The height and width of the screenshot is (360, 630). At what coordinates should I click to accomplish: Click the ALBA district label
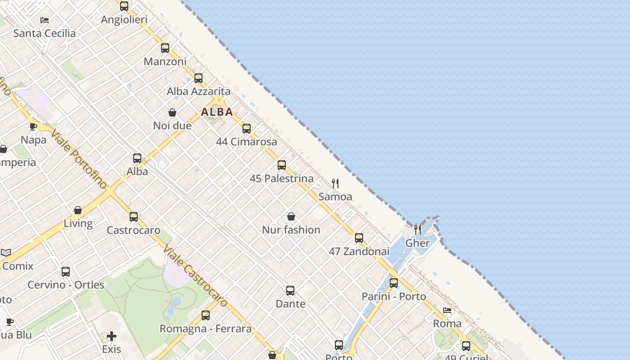tap(217, 112)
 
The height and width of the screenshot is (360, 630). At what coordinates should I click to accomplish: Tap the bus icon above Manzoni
tap(165, 48)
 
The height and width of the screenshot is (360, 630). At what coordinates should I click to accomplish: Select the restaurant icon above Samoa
tap(335, 184)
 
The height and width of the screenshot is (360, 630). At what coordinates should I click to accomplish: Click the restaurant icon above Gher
tap(418, 230)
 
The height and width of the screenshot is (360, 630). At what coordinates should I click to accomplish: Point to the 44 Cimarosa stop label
tap(247, 142)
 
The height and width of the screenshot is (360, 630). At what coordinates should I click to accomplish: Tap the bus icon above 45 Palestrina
tap(282, 165)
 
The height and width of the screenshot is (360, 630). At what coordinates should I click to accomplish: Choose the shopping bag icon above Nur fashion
tap(291, 216)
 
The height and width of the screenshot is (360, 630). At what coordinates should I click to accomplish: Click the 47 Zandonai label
tap(359, 252)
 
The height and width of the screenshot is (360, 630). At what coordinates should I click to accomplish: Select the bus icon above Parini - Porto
tap(394, 283)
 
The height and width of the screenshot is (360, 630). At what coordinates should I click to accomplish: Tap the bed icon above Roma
tap(447, 310)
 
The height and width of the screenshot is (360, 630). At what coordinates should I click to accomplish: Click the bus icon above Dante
tap(290, 291)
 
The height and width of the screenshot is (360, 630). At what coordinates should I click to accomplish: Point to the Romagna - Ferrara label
tap(206, 328)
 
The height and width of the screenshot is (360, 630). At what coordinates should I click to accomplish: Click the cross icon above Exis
tap(112, 336)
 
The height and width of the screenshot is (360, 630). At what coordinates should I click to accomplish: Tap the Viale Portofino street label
tap(80, 159)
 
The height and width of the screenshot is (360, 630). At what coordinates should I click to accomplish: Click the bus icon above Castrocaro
tap(134, 217)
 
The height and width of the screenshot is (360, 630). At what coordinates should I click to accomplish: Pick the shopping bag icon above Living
tap(78, 210)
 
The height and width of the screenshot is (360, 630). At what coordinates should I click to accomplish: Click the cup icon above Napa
tap(33, 126)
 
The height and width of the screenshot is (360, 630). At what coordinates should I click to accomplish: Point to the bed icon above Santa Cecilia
tap(45, 20)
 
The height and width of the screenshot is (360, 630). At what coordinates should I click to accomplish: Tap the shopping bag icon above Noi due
tap(172, 112)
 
